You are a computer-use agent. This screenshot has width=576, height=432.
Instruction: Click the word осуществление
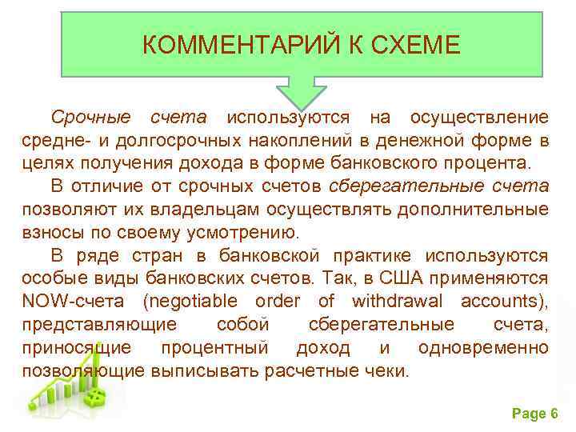coord(479,118)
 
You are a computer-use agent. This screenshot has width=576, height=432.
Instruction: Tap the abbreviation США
coord(405,279)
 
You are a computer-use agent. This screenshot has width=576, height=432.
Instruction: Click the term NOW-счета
coord(73,302)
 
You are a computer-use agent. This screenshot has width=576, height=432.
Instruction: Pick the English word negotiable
coord(191,302)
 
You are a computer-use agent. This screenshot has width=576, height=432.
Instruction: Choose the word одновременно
coord(483,349)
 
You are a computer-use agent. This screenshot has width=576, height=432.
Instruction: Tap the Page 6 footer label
coord(534,414)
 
